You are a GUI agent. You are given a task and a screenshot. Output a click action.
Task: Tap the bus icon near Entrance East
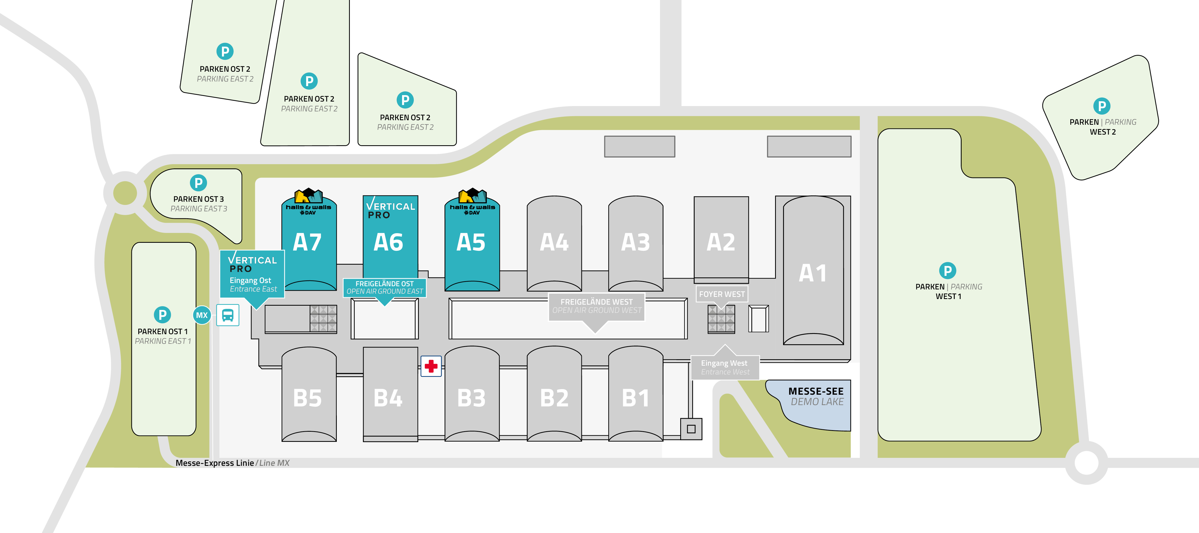(228, 315)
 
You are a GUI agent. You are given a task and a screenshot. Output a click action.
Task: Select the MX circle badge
(201, 315)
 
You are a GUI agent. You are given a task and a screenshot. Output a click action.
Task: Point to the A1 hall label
(813, 273)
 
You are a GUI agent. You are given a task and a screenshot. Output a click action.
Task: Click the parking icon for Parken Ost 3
(198, 183)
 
